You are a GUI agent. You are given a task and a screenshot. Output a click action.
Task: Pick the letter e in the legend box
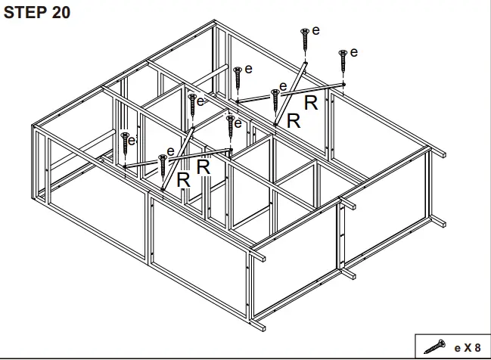click(x=456, y=348)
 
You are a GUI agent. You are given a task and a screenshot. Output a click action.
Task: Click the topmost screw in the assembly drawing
click(x=304, y=36)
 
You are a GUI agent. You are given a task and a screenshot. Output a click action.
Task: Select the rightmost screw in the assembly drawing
click(x=343, y=57)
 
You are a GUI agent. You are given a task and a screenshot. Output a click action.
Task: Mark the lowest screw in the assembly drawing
click(x=162, y=163)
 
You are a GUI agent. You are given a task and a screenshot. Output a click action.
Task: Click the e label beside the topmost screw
click(x=315, y=30)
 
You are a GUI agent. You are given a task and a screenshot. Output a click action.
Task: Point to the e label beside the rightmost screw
click(x=354, y=52)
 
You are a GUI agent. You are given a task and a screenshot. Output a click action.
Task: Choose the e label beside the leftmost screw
click(x=132, y=140)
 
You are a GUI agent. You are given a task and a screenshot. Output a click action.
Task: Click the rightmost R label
click(x=310, y=104)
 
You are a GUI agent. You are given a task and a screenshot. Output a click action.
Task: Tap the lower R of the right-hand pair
click(x=293, y=121)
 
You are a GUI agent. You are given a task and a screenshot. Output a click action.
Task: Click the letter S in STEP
click(x=10, y=13)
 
